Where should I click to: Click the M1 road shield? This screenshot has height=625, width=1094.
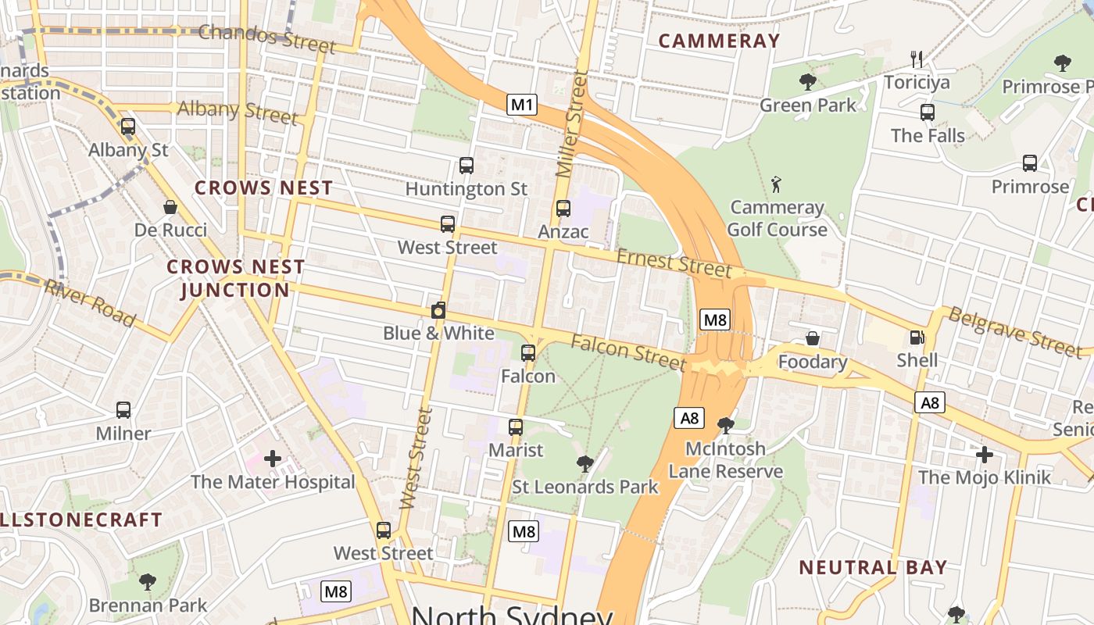[522, 104]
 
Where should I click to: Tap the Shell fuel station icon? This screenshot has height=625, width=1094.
[917, 338]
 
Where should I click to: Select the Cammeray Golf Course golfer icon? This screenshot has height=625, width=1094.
[776, 184]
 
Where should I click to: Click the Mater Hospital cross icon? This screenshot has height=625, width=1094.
[273, 459]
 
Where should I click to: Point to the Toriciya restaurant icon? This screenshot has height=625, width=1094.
[917, 59]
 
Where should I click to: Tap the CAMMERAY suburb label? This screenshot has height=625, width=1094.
[719, 41]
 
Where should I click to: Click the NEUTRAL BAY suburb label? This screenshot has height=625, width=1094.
[873, 567]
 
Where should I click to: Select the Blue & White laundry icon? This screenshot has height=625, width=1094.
[438, 310]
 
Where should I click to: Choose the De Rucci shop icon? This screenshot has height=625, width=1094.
[170, 207]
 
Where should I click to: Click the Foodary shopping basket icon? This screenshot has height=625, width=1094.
[813, 338]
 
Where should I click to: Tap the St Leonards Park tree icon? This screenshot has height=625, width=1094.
[585, 464]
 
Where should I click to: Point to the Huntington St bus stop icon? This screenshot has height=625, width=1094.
[467, 166]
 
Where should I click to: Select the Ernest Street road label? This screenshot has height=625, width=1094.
[674, 262]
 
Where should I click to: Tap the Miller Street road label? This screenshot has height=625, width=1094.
[571, 123]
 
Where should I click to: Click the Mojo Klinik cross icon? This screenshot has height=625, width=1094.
[985, 454]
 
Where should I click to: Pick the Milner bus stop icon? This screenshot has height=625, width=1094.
[123, 410]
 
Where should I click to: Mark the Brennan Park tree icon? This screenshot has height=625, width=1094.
[148, 581]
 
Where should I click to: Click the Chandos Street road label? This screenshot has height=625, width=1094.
[266, 37]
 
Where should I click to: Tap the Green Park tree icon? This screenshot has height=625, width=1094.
[808, 81]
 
